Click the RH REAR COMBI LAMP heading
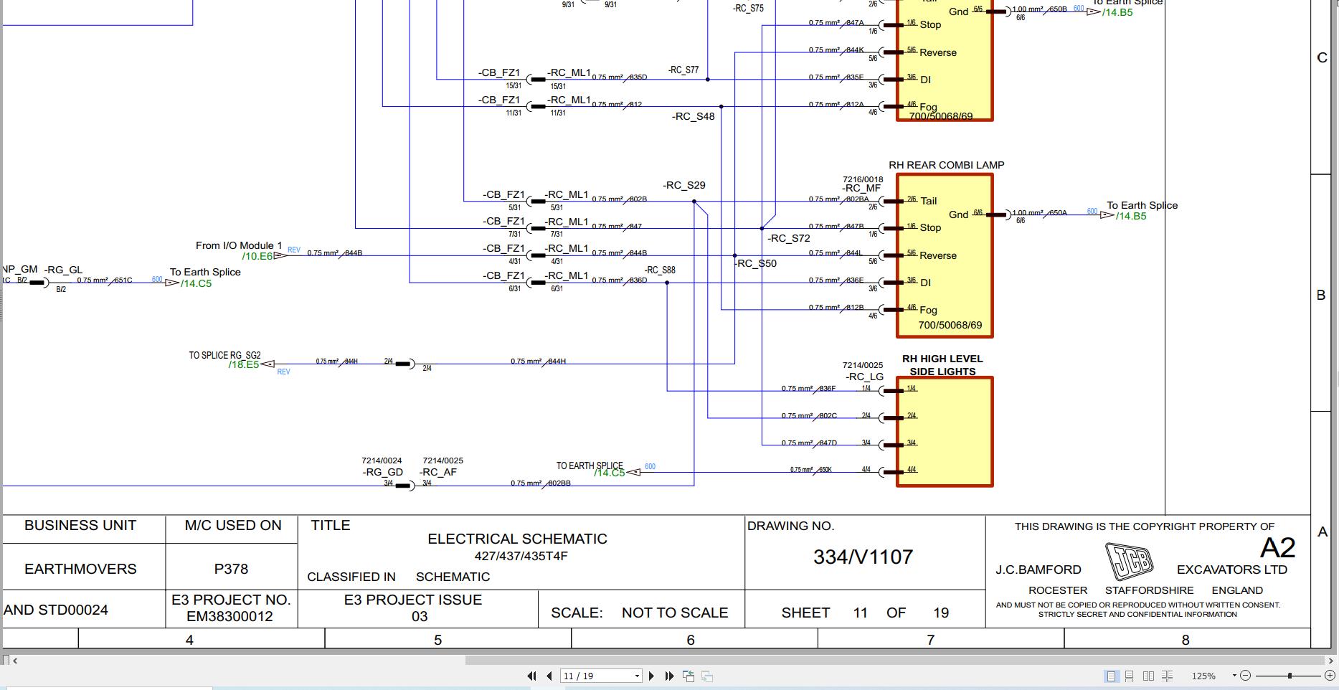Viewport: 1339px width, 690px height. click(946, 165)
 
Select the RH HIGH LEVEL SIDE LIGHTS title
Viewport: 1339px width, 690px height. click(942, 365)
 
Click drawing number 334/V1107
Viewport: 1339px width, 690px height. click(863, 557)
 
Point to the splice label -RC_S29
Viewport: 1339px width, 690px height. click(684, 185)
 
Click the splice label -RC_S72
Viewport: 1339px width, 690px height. click(788, 238)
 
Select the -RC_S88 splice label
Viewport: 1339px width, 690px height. click(659, 270)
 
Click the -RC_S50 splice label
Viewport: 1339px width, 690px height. click(756, 263)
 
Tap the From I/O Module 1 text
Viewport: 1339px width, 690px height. click(239, 245)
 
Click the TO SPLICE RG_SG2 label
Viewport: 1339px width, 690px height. click(224, 355)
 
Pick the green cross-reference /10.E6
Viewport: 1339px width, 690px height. click(257, 256)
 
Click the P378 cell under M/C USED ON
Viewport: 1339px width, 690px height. click(231, 569)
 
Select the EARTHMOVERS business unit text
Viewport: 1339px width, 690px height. click(80, 569)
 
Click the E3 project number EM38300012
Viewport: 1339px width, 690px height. click(230, 616)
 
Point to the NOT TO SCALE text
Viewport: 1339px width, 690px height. click(674, 613)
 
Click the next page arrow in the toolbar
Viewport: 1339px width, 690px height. click(651, 676)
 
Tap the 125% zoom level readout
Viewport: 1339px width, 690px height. click(1203, 676)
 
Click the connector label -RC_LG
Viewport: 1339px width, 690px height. click(864, 377)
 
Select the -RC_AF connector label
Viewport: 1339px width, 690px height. click(437, 472)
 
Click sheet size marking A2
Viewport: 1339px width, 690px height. click(1277, 548)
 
